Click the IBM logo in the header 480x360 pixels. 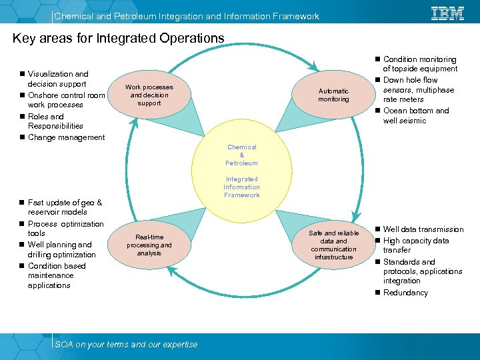[448, 13]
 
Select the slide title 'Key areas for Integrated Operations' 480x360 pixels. [119, 39]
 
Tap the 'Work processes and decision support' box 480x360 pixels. [149, 95]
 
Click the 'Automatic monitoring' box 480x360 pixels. [333, 95]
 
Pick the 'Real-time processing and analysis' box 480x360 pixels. [149, 245]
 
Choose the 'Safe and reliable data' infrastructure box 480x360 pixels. [333, 245]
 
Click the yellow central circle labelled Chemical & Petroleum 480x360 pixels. [241, 171]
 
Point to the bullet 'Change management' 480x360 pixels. [66, 137]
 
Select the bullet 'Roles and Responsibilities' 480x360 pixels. [56, 121]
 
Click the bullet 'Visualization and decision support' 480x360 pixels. [58, 79]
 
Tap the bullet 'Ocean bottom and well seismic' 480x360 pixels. [415, 115]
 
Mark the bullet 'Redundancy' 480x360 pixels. [405, 293]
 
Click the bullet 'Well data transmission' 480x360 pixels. [423, 229]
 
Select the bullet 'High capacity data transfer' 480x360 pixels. [415, 245]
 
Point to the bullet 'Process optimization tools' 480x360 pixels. [65, 229]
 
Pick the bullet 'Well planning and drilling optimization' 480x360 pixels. [61, 249]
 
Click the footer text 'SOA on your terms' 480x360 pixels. [126, 344]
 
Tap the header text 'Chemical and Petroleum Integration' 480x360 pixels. [186, 16]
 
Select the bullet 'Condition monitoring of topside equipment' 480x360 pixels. [419, 64]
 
